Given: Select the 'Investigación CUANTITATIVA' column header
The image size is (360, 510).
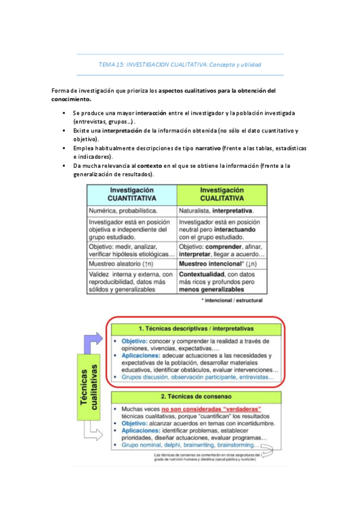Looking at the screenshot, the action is [132, 194].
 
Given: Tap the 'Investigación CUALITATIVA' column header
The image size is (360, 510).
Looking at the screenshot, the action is [222, 194].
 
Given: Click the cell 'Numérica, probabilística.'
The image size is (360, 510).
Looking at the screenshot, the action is [123, 211].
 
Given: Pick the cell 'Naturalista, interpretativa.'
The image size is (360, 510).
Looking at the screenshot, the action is [216, 211].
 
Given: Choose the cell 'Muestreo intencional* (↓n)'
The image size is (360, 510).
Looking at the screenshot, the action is [219, 263].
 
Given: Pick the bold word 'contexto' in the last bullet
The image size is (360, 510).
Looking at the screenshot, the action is [150, 165].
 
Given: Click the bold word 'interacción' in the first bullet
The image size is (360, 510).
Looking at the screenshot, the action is [151, 113].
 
